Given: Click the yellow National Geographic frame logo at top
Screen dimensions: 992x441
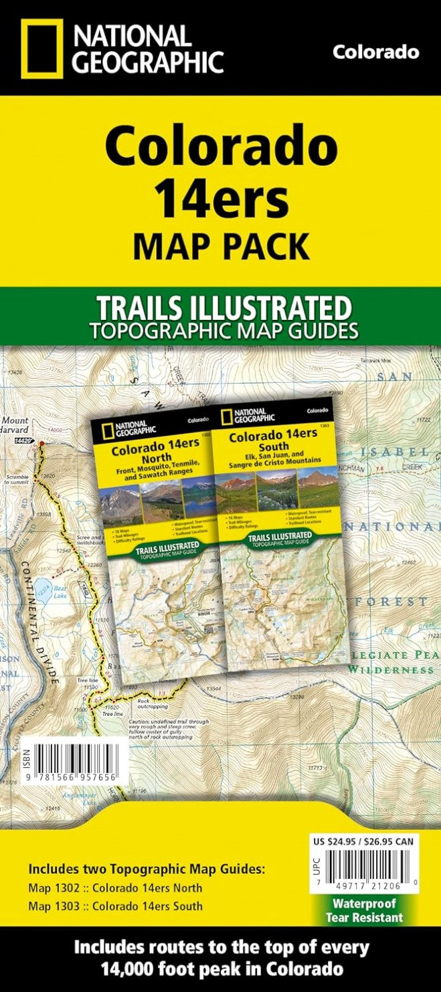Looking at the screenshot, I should pos(41,48).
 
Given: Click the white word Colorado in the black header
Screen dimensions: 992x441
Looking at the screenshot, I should pos(376,52).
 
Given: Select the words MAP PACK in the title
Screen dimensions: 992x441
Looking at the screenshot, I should pos(221,246).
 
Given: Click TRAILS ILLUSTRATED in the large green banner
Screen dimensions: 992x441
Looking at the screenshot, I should pos(224,309).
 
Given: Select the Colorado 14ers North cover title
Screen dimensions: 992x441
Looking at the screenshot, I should pos(150,449).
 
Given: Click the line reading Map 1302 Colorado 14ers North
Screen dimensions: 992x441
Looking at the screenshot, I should pos(114,888).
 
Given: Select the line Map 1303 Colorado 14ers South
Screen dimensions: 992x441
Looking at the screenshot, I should pos(114,906).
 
